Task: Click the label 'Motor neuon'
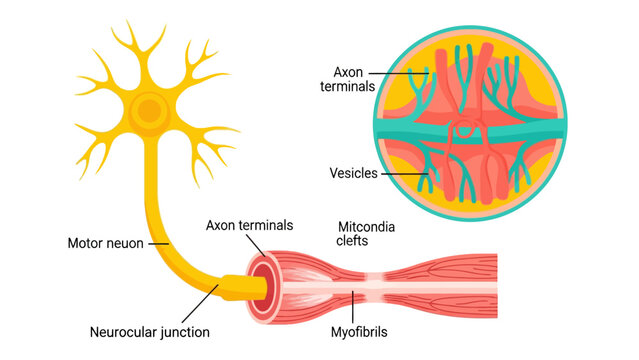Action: (x=106, y=243)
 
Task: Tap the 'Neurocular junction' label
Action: (x=150, y=332)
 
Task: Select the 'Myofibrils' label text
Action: (x=359, y=332)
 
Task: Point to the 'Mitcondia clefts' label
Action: (x=366, y=234)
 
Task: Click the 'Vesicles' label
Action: (x=353, y=173)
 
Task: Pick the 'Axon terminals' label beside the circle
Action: (x=348, y=79)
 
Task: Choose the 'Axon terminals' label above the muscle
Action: (x=249, y=225)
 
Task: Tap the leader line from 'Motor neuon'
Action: (x=159, y=244)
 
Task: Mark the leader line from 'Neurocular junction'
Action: (x=200, y=304)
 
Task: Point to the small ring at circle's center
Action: (x=464, y=129)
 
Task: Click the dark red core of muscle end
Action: (x=264, y=288)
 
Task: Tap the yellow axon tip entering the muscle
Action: (x=244, y=288)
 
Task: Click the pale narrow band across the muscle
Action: (x=375, y=288)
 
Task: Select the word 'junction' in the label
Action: (x=185, y=333)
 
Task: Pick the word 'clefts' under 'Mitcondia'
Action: (x=352, y=241)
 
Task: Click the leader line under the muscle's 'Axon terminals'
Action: (x=256, y=245)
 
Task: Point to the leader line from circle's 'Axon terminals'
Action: (x=399, y=74)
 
